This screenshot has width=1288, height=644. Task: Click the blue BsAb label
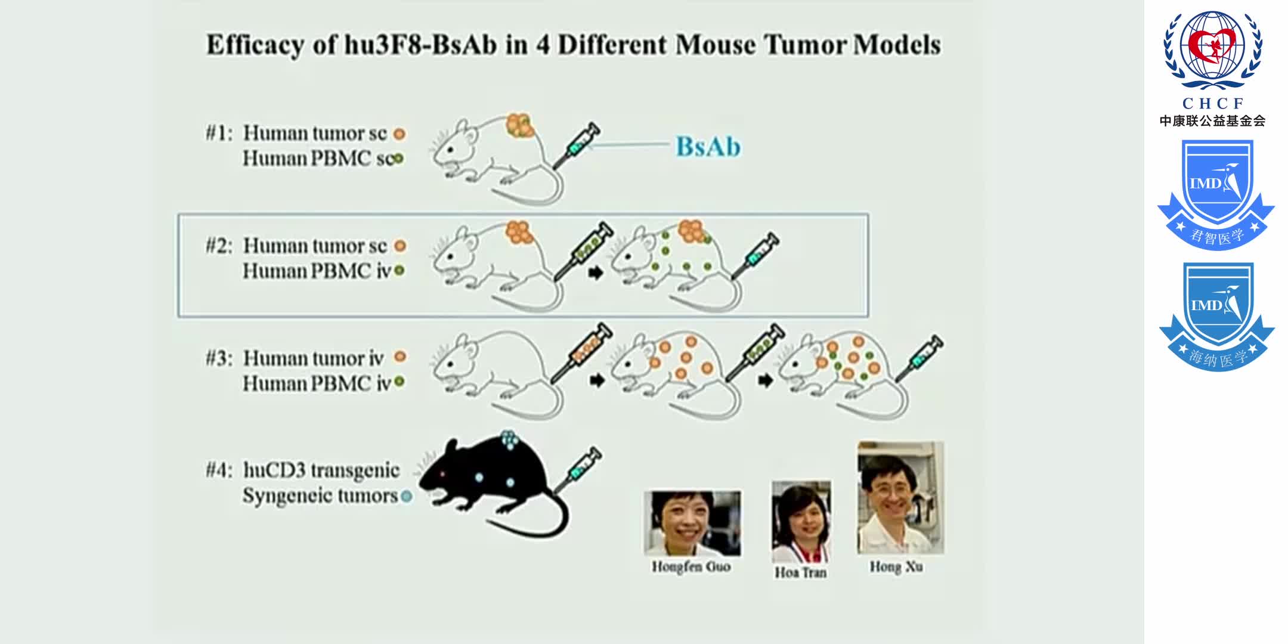(x=708, y=147)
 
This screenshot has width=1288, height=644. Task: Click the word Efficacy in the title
(x=254, y=45)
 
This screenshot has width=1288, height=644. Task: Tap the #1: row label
(x=219, y=133)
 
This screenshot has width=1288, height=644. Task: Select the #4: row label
(x=219, y=470)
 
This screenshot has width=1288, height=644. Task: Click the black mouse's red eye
(x=442, y=475)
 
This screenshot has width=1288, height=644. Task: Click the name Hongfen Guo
(x=691, y=566)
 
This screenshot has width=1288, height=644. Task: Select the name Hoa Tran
(x=800, y=572)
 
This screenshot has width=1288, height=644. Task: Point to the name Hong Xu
(x=896, y=566)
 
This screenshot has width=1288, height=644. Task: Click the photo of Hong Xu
(x=900, y=498)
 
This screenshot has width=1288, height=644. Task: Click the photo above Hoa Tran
(x=801, y=521)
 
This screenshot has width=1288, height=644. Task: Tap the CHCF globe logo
(x=1212, y=50)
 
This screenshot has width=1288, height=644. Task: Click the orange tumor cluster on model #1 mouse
(x=519, y=125)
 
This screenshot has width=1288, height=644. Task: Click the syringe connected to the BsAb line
(x=576, y=145)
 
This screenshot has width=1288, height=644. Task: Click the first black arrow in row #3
(x=596, y=380)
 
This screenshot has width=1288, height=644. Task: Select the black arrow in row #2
(x=595, y=273)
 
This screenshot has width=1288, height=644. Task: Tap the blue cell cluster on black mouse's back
(x=509, y=439)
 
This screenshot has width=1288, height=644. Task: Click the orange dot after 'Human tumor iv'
(x=400, y=357)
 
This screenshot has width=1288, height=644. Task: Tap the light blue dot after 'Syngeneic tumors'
(x=406, y=496)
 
